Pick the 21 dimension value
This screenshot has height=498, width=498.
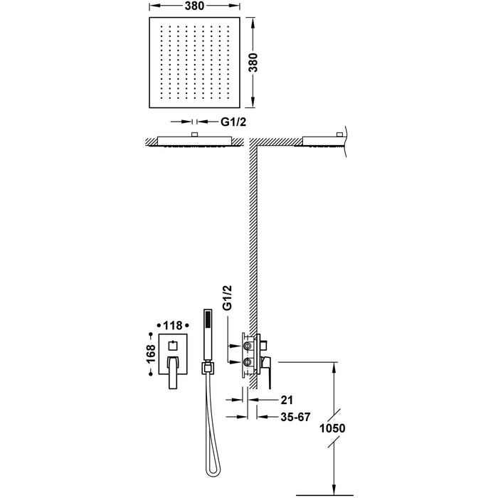(x=267, y=401)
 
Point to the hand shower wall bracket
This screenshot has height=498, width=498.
(x=207, y=368)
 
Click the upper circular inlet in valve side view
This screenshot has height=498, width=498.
(x=248, y=346)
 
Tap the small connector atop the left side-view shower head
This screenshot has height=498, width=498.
(x=194, y=134)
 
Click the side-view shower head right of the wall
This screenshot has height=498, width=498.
(x=322, y=139)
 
